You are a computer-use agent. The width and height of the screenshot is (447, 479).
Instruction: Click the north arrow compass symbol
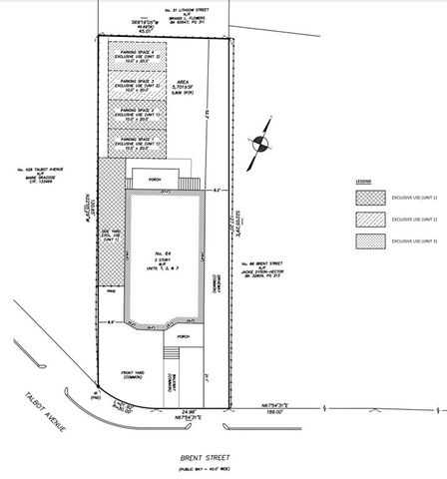(261, 143)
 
